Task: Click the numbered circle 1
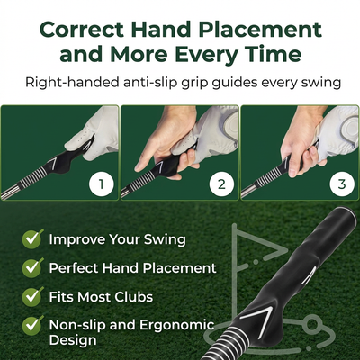point(102,184)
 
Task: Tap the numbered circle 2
point(221,184)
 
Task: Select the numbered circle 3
point(342,184)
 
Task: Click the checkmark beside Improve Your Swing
point(32,238)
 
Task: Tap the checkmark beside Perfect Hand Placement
point(32,267)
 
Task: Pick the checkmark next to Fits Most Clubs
point(32,296)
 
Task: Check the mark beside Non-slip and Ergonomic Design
point(32,325)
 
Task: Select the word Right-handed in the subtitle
point(72,83)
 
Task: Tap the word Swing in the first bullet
point(165,239)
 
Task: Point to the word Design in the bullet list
point(73,340)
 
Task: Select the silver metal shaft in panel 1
point(10,191)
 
